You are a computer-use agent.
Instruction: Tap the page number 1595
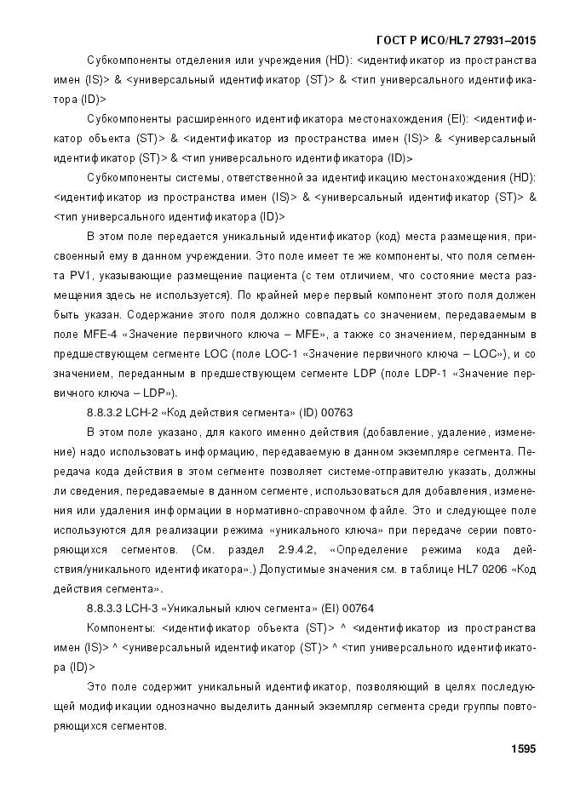[522, 749]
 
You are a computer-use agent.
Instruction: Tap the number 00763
[336, 412]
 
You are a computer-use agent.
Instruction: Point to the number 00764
[356, 608]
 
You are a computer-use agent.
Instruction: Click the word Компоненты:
[119, 627]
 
